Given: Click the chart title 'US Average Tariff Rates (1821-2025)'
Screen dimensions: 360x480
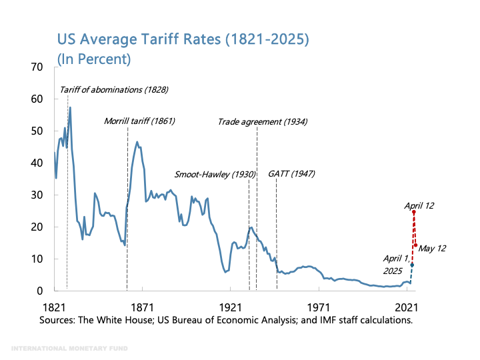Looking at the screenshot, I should (183, 39).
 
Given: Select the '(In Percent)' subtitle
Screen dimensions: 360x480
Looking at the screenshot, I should (93, 59).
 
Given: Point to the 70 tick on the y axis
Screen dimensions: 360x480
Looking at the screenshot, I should (36, 67).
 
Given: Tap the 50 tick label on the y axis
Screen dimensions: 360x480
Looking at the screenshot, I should (36, 131).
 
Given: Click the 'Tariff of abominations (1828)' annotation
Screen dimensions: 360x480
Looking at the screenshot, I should (113, 89).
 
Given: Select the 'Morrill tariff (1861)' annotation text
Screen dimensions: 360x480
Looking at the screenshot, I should (139, 121).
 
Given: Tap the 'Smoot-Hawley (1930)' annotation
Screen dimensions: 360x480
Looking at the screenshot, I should (215, 174).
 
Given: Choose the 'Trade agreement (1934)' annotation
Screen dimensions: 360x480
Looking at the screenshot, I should (263, 121).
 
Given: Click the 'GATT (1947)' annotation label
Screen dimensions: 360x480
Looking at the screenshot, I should (291, 174).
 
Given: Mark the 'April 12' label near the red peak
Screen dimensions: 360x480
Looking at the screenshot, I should (419, 206).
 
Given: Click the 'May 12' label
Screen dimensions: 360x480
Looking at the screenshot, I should (432, 248).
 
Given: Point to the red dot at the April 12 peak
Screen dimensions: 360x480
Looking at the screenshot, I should (413, 212).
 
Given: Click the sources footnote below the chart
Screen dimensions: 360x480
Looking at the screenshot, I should (226, 320).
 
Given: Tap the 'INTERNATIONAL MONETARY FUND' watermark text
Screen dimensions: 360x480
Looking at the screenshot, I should (70, 348).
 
